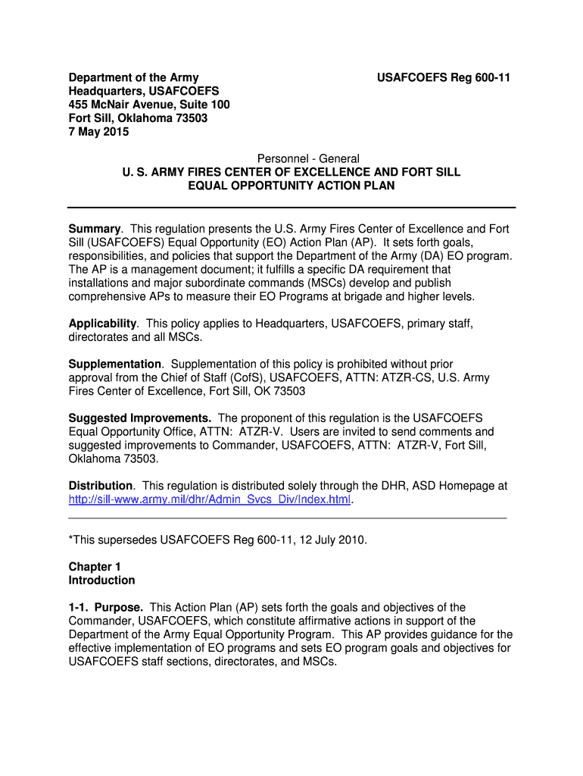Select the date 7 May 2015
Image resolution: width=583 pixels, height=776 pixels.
98,132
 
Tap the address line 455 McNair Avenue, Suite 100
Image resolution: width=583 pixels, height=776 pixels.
149,105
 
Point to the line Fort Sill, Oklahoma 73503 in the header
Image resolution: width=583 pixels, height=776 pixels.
138,118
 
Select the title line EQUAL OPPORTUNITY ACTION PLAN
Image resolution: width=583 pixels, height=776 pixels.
291,186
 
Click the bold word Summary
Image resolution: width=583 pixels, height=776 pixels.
95,229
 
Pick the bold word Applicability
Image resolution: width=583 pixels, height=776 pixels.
102,324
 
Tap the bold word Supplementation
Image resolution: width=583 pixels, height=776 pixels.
114,365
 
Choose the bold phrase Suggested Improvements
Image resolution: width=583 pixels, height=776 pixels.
139,418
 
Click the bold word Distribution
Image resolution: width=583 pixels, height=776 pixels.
100,486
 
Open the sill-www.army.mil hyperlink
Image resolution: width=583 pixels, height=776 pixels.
210,500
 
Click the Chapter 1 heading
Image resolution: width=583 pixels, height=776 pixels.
95,567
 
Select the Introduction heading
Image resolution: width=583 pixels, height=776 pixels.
101,580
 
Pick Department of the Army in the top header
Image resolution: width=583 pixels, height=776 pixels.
133,77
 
